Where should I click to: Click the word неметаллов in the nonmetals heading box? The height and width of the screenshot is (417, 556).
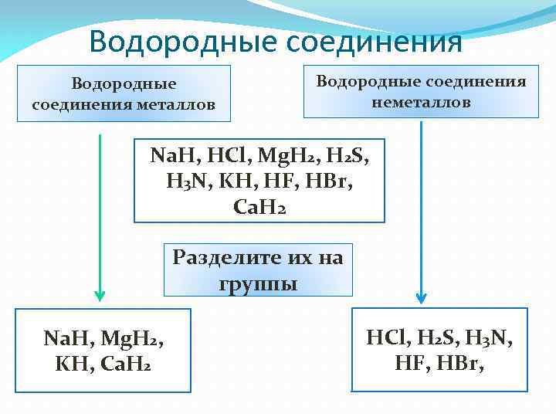coord(421,102)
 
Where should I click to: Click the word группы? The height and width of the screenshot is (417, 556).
coord(258,283)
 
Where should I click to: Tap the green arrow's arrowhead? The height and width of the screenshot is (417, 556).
coord(99,294)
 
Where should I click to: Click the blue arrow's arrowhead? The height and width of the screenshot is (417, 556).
coord(421,296)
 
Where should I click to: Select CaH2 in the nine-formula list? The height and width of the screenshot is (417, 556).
coord(259,208)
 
